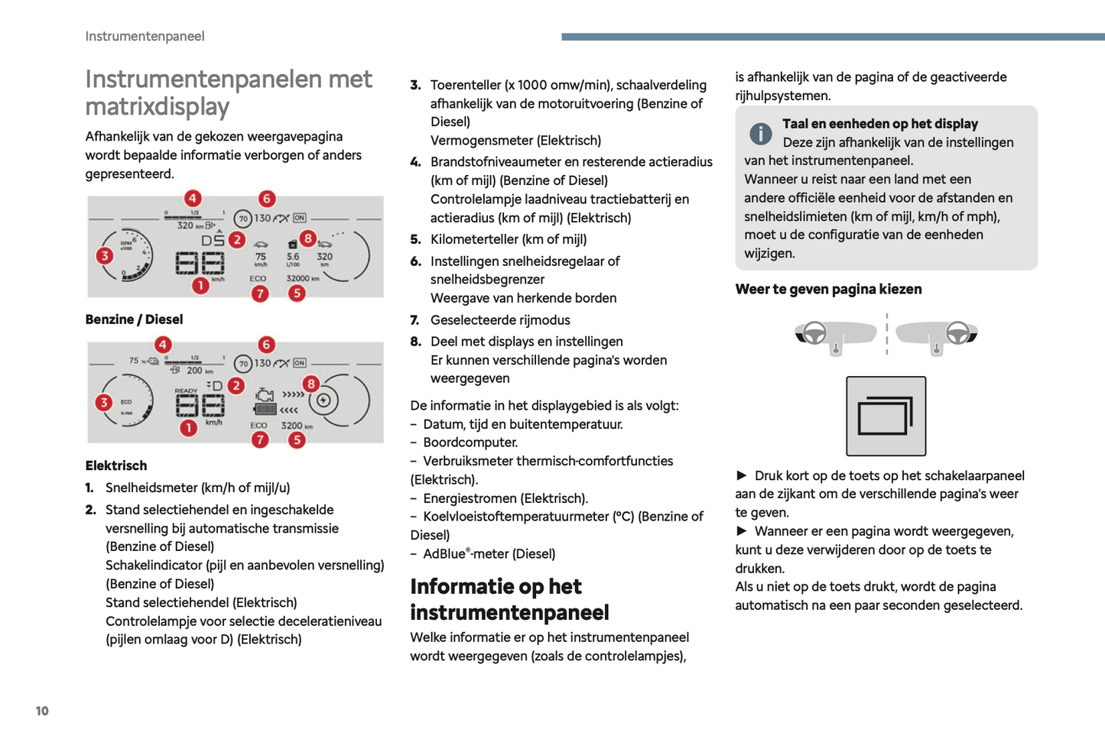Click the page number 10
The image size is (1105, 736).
click(x=42, y=711)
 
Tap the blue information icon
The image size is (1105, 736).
click(x=760, y=134)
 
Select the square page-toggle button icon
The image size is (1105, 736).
click(x=886, y=416)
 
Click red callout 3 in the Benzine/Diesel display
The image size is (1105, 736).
click(x=105, y=255)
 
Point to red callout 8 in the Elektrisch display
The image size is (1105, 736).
click(x=310, y=383)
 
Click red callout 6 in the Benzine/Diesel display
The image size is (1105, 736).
click(x=266, y=199)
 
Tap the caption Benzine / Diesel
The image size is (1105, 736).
click(x=134, y=319)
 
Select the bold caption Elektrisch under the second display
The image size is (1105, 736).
click(x=116, y=465)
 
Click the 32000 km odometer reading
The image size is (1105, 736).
click(x=302, y=278)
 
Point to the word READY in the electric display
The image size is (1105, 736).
click(x=186, y=391)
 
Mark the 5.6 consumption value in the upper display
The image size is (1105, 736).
click(x=293, y=257)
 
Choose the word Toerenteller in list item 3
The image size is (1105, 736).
click(x=466, y=85)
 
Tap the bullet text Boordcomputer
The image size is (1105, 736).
click(x=470, y=443)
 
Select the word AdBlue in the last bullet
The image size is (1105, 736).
click(x=444, y=554)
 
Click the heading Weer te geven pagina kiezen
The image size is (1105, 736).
click(x=828, y=289)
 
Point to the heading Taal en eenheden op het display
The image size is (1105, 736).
click(x=880, y=124)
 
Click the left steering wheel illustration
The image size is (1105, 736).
click(x=814, y=333)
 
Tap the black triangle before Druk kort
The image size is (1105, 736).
click(x=741, y=475)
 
